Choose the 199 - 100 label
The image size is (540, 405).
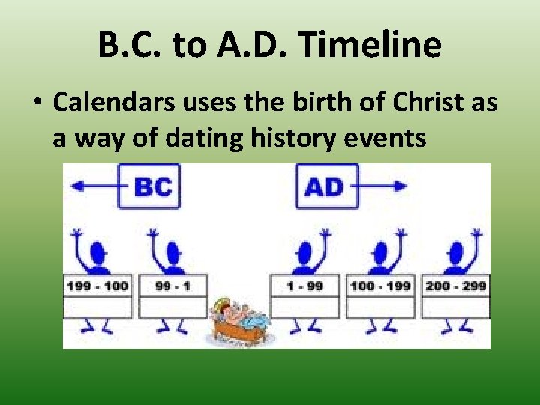97,286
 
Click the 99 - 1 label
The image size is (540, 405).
172,286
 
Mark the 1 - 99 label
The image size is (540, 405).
304,286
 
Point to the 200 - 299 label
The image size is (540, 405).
456,286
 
